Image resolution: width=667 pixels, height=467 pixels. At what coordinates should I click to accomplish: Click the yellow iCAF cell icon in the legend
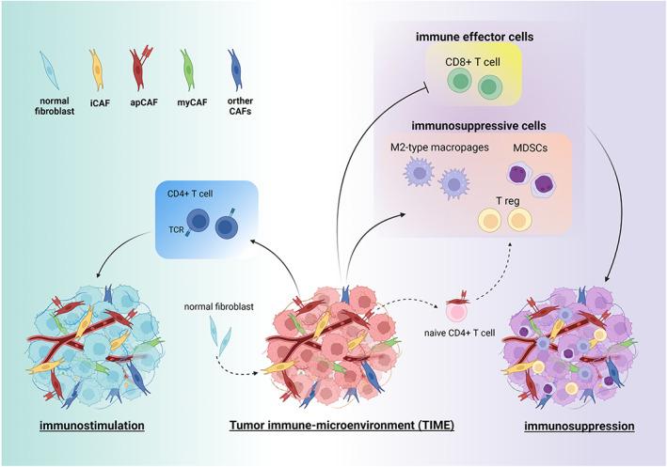point(95,70)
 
